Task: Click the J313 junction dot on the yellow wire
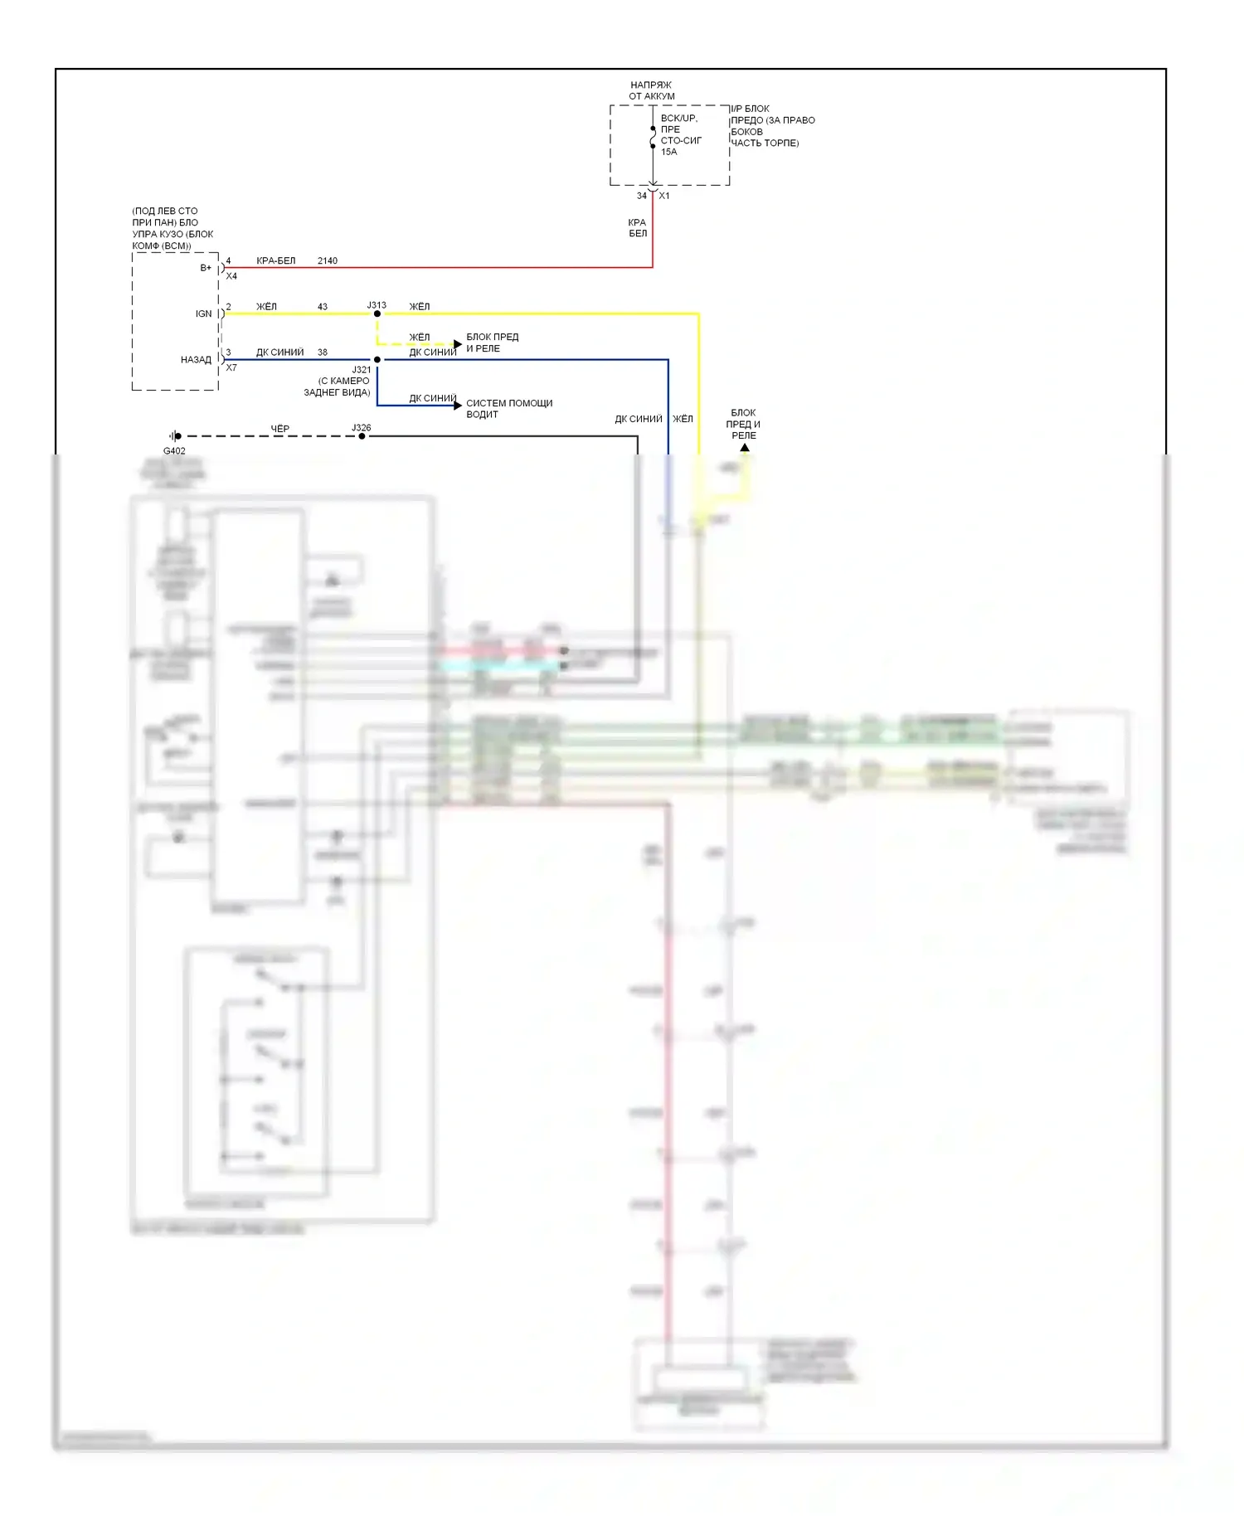[377, 313]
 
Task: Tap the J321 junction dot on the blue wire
[377, 360]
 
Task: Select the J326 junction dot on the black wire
[362, 436]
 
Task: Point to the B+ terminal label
[206, 268]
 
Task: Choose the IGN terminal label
[203, 313]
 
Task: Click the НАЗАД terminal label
[197, 360]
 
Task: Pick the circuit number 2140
[328, 261]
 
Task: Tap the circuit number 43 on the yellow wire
[323, 307]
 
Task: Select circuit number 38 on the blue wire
[323, 352]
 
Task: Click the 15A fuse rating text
[668, 152]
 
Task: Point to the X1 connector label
[664, 197]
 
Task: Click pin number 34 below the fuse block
[641, 197]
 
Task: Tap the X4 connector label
[231, 276]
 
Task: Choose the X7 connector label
[231, 367]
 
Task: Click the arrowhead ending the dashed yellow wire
[458, 343]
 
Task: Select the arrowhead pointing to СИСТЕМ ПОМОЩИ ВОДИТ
[458, 406]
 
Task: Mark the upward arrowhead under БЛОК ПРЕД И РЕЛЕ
[745, 448]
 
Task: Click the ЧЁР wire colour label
[280, 429]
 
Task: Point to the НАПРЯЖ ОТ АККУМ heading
[651, 90]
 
